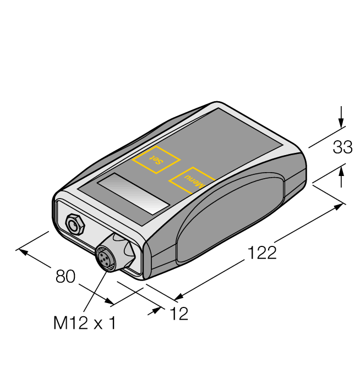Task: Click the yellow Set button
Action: [156, 160]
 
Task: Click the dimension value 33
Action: [343, 147]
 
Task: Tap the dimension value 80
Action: [65, 277]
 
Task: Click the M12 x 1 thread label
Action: [85, 323]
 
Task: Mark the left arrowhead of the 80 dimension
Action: [22, 251]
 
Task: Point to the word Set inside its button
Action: [156, 160]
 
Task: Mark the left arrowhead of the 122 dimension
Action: [178, 298]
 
